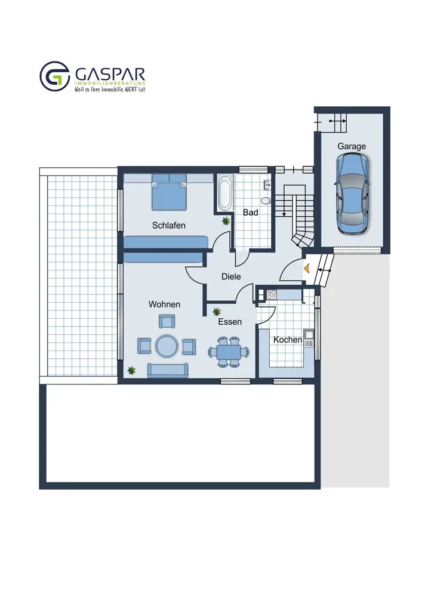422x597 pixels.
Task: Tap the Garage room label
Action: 352,146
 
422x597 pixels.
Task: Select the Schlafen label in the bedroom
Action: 168,226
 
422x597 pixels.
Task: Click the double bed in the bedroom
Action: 169,192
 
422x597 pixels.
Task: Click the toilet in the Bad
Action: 266,200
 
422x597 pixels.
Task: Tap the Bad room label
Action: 250,213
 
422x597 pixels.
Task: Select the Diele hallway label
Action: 231,276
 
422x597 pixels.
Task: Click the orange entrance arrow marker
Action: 306,269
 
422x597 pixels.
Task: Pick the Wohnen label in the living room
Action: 164,304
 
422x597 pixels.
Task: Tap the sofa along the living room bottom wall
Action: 168,371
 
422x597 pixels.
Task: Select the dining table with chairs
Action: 229,352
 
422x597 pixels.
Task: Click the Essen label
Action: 230,322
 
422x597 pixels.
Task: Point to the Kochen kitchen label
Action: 288,340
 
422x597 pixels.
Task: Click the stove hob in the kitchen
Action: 272,294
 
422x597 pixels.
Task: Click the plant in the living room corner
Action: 131,370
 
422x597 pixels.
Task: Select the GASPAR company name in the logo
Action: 110,75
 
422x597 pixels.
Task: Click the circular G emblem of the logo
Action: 55,76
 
